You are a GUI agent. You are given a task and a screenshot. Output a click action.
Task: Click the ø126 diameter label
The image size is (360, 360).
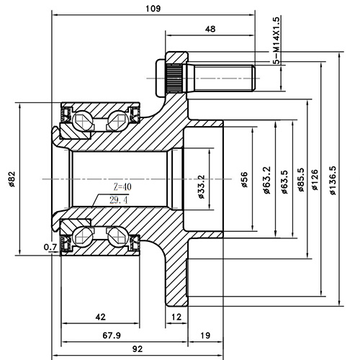(315, 178)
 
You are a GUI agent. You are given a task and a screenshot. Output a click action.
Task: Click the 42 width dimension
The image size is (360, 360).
(100, 316)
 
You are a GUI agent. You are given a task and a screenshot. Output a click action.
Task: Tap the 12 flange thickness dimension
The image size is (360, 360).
(176, 316)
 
